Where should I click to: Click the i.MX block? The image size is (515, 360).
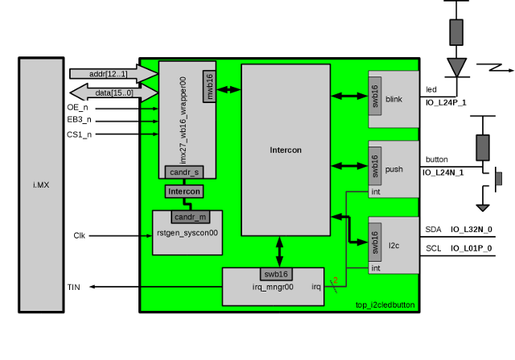coord(41,184)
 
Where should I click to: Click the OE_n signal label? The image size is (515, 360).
coord(79,107)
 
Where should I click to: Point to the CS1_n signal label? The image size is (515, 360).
coord(79,134)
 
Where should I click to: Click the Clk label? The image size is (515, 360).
coord(79,236)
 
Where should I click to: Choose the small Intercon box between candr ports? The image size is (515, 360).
coord(183,192)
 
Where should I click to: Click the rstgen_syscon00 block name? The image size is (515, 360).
coord(187,233)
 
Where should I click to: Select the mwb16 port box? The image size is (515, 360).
coord(208,88)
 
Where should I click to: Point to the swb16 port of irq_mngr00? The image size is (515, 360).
coord(278,274)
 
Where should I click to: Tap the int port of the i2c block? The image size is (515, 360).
coord(375,267)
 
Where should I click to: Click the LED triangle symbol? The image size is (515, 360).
coord(457,65)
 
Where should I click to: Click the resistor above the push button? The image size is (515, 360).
coord(483,147)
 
